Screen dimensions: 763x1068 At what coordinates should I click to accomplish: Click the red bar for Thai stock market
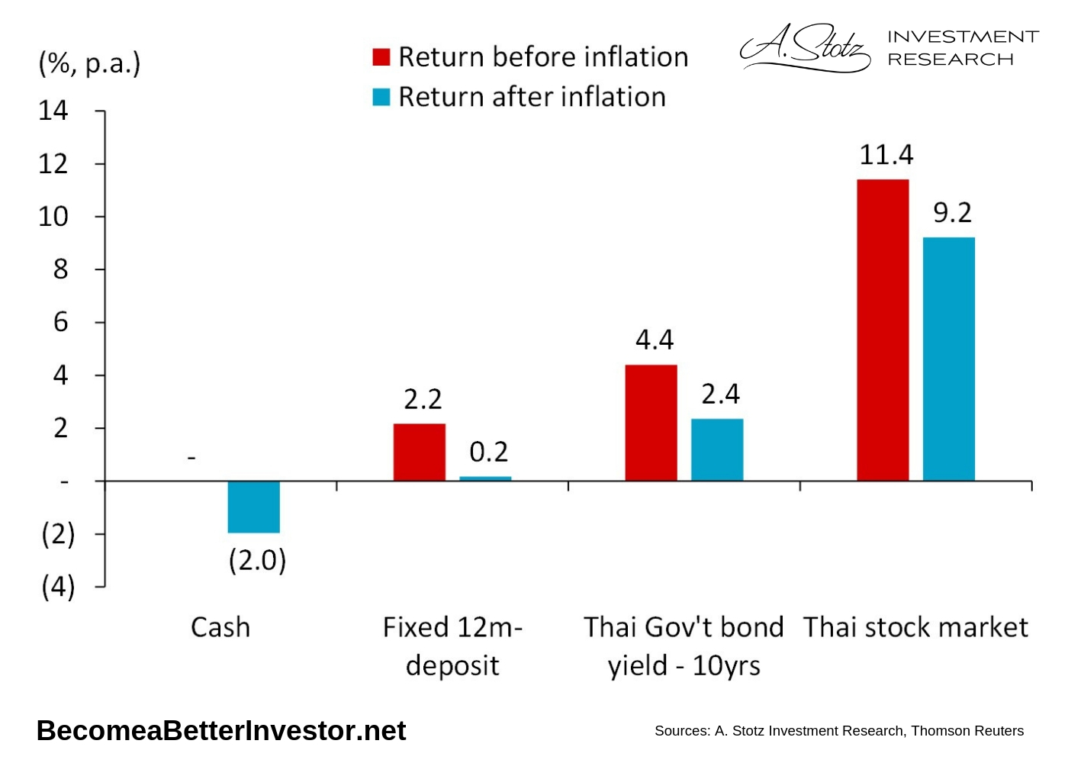[x=883, y=330]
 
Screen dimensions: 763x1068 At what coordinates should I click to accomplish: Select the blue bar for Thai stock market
[x=948, y=359]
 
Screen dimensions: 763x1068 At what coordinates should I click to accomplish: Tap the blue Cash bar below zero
[x=254, y=507]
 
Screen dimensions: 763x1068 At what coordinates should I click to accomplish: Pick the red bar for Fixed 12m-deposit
[x=420, y=452]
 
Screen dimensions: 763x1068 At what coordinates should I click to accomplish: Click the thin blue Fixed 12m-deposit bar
[x=485, y=478]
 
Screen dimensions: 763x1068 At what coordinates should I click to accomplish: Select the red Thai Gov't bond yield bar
[x=651, y=423]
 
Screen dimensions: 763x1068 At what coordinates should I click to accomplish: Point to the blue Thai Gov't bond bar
[x=717, y=449]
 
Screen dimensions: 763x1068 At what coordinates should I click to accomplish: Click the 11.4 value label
[x=886, y=155]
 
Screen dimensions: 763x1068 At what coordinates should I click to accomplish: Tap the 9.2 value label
[x=952, y=213]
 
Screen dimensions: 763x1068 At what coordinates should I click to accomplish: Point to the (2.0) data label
[x=257, y=560]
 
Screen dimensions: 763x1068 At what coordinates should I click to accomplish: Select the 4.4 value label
[x=655, y=340]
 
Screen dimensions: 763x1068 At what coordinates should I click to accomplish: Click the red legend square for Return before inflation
[x=381, y=57]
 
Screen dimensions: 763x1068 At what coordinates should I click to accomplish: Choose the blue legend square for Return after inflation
[x=381, y=97]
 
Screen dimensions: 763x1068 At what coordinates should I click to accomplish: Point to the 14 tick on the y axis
[x=53, y=111]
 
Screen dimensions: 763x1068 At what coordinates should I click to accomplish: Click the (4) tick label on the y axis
[x=58, y=587]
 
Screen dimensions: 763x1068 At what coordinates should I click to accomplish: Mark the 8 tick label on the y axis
[x=60, y=269]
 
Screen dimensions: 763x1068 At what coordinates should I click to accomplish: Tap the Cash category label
[x=220, y=627]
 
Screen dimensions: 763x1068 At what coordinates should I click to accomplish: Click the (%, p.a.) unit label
[x=89, y=63]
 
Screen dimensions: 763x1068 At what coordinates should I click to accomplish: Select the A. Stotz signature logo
[x=805, y=47]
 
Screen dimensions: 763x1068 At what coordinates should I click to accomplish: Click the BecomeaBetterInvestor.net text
[x=221, y=731]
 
